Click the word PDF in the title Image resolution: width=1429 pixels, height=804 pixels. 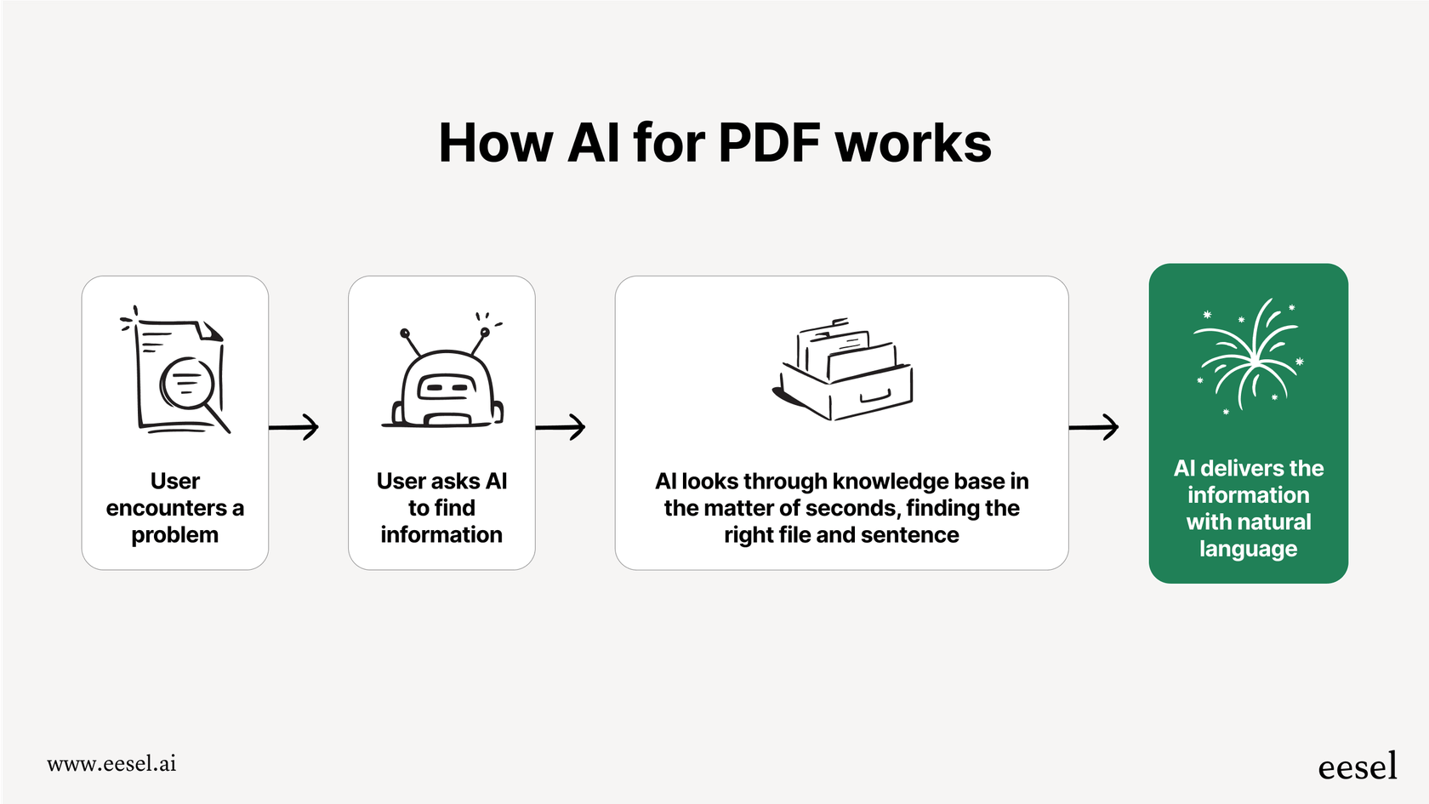[x=769, y=143]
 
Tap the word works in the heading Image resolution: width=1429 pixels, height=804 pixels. [x=913, y=143]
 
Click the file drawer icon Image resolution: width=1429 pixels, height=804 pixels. [x=843, y=369]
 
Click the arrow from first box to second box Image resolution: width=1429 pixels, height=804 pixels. [x=294, y=427]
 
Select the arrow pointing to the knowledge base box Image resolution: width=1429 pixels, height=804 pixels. [x=561, y=427]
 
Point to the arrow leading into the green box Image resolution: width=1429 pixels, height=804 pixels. [x=1094, y=427]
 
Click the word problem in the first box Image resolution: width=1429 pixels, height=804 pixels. [x=174, y=535]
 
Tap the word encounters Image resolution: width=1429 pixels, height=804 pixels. [x=166, y=508]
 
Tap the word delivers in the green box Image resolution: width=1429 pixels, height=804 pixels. [x=1243, y=469]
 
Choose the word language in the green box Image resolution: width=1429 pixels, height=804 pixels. [x=1248, y=550]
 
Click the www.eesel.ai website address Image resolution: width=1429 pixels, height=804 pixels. [x=111, y=764]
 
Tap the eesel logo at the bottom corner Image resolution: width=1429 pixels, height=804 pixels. [x=1357, y=767]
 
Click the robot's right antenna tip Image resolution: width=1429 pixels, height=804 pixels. [x=485, y=332]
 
